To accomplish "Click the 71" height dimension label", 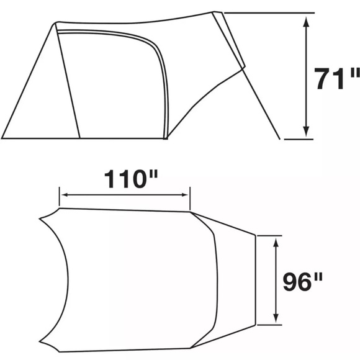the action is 336,79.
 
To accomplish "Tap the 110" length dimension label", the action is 131,179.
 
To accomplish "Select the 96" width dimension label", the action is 303,281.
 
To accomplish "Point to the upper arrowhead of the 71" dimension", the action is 306,22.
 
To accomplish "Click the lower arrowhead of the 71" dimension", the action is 306,132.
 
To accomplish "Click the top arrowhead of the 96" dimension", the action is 276,243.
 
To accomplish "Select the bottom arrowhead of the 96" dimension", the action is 276,318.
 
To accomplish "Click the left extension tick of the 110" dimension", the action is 59,197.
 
